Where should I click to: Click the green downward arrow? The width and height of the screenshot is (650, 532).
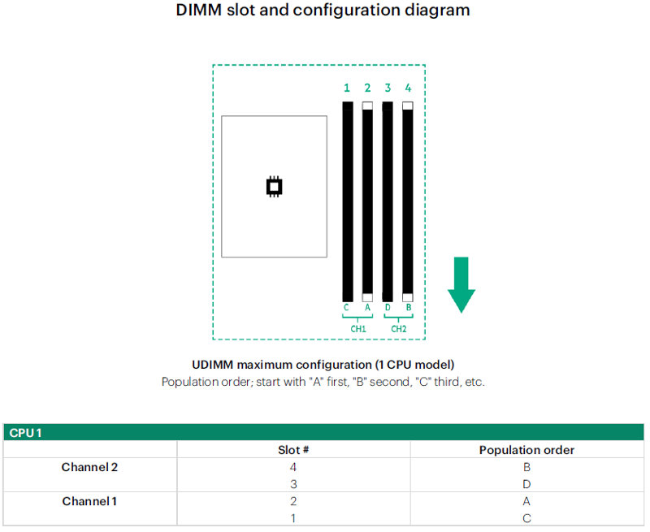[x=461, y=284]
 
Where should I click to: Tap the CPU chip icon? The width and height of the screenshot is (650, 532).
[x=274, y=187]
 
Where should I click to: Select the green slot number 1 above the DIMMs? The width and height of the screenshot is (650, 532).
[x=347, y=88]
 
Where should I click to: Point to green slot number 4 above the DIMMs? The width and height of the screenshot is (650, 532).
[x=408, y=88]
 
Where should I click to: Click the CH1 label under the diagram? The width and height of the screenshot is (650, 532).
[x=358, y=329]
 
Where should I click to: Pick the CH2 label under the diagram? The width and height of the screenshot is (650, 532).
[x=399, y=329]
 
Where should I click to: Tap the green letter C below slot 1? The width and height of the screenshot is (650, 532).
[x=346, y=308]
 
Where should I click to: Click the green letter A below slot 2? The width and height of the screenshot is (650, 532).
[x=367, y=308]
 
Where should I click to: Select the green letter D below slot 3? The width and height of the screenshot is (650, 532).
[x=388, y=308]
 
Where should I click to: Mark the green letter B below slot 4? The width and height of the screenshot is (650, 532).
[x=409, y=308]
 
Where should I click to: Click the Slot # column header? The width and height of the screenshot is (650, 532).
[x=293, y=450]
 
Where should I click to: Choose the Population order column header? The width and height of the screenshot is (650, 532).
[x=526, y=450]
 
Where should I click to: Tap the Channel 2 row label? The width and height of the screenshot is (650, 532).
[x=89, y=467]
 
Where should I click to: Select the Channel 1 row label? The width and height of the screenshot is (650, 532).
[x=89, y=501]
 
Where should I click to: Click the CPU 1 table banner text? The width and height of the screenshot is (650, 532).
[x=25, y=433]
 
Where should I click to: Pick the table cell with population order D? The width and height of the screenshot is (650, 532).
[x=526, y=484]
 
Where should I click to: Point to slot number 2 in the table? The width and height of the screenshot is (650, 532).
[x=293, y=501]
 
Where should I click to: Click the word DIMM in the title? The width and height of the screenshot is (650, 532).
[x=199, y=10]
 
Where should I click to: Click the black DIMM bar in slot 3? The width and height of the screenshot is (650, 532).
[x=388, y=201]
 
